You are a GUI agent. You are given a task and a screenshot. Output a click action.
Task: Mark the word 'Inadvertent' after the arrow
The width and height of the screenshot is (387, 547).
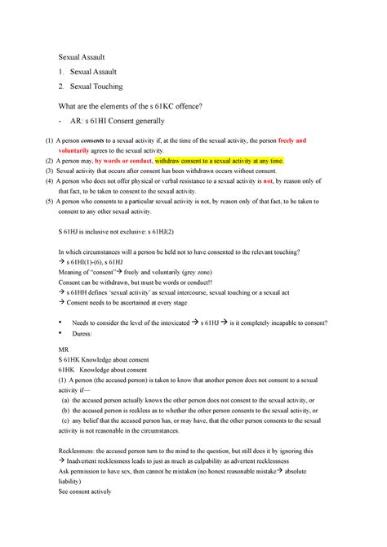[91, 460]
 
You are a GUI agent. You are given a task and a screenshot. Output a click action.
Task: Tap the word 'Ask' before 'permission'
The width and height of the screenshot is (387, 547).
[64, 471]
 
